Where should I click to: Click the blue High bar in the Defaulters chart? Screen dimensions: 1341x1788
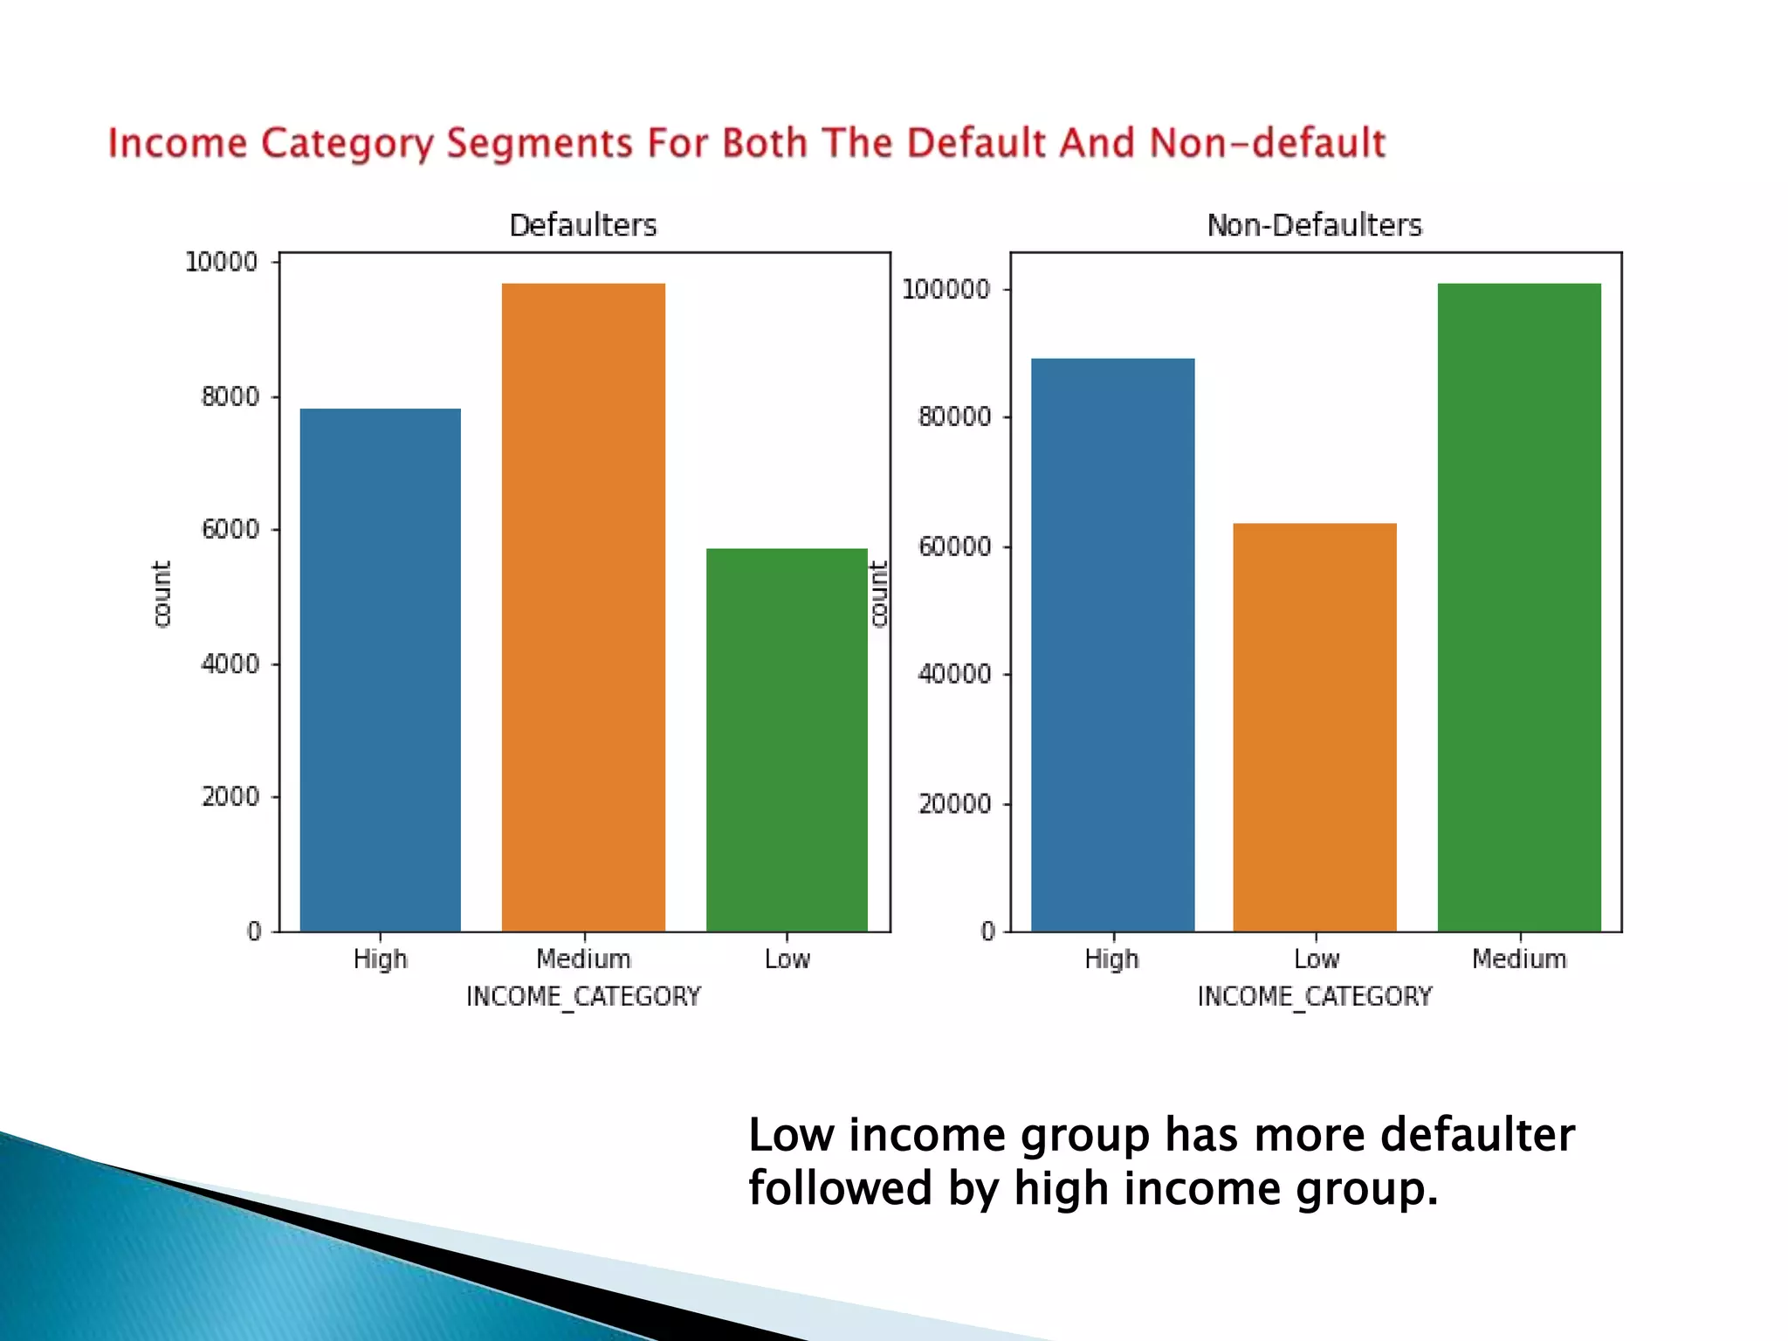(380, 670)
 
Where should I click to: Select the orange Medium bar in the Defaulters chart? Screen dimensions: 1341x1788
(583, 607)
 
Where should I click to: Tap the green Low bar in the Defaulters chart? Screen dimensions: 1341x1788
(787, 739)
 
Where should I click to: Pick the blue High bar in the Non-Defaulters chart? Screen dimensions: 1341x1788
(1112, 644)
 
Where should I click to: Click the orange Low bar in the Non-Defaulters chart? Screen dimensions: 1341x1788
(1315, 727)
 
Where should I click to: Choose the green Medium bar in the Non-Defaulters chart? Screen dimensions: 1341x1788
(1519, 607)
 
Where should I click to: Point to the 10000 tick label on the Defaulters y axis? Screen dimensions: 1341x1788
(222, 262)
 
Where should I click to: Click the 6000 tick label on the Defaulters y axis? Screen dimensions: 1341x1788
(230, 529)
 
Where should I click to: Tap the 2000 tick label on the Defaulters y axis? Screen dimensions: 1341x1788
(230, 796)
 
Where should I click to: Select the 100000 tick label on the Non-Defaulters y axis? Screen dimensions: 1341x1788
(946, 289)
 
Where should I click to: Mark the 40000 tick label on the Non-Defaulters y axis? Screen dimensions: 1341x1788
(954, 674)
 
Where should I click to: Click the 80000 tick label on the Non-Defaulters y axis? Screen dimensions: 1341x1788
(954, 416)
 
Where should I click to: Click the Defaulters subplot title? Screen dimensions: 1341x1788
(583, 225)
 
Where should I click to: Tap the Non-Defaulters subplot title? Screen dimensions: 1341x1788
(1315, 225)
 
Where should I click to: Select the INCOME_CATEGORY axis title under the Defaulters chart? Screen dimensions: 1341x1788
(583, 996)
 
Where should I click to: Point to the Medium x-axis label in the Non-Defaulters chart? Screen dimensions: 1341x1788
(1519, 959)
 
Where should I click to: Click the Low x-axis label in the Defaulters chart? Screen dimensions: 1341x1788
(787, 959)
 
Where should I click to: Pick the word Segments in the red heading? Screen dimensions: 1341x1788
(539, 144)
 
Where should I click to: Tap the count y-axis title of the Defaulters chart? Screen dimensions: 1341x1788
(162, 594)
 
